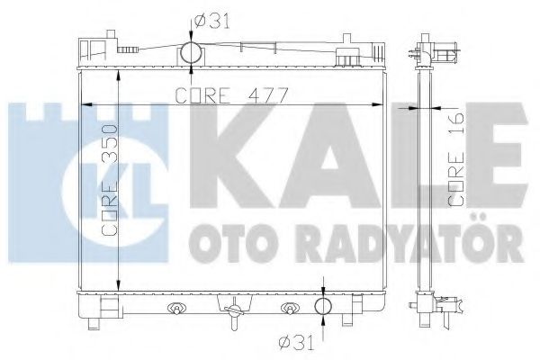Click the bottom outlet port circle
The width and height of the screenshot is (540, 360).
324,307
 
